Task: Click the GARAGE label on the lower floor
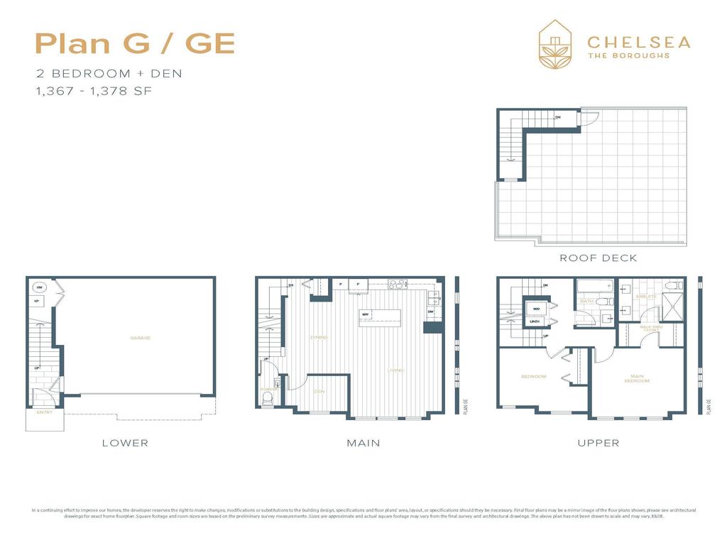(140, 338)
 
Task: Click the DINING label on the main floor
(319, 337)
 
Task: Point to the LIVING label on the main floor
(395, 370)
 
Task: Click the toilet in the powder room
(267, 401)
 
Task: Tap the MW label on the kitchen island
(365, 314)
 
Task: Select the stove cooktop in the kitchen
(398, 285)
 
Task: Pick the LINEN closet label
(535, 322)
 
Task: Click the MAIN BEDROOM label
(637, 378)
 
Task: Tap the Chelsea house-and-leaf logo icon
(557, 44)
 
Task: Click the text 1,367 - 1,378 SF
(94, 91)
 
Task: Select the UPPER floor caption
(598, 443)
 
